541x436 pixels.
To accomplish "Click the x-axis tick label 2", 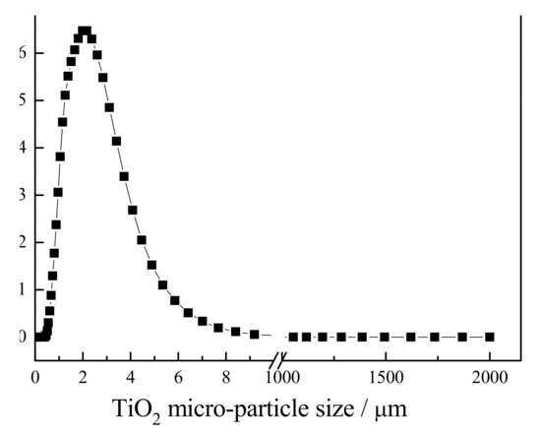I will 84,376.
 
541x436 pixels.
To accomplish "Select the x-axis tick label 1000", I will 280,376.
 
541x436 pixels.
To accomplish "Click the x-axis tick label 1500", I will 385,376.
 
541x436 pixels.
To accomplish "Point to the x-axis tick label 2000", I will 490,376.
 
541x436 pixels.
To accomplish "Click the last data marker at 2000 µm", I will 490,337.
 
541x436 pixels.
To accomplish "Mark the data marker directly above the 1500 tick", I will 385,337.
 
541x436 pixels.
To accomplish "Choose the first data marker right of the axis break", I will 293,337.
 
